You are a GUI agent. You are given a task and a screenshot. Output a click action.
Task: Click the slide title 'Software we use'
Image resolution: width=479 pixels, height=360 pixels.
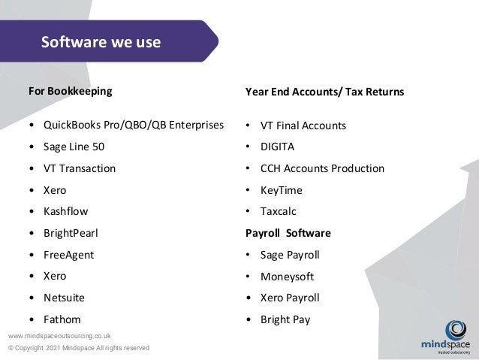point(101,41)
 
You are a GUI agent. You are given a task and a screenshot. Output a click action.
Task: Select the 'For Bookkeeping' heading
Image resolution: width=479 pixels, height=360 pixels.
point(70,92)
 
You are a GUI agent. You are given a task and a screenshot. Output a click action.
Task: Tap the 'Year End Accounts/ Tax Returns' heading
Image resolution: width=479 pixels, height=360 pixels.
point(324,92)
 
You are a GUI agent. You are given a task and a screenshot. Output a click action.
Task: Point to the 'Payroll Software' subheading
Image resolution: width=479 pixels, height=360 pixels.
point(288,233)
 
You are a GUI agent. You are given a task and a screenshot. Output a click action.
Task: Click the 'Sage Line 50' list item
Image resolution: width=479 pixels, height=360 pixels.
point(74,147)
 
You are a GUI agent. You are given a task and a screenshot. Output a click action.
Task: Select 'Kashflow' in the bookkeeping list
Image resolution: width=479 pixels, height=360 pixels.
point(66,211)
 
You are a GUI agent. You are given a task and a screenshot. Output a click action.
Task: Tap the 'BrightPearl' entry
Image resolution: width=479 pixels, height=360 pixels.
point(71,233)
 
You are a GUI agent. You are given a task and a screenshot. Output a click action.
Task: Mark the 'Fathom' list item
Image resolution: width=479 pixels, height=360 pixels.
point(62,319)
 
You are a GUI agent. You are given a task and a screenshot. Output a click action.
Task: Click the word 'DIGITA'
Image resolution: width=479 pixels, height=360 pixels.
point(278,147)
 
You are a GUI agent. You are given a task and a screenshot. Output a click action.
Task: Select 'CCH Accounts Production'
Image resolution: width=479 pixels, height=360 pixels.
point(322,168)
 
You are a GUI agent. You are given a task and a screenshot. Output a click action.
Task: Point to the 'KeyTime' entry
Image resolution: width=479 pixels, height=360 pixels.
point(282,190)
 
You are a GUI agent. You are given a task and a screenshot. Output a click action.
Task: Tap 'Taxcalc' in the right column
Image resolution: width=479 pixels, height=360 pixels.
point(279,211)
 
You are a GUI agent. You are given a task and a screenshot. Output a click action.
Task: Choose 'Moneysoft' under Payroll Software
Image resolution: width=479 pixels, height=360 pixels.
point(287,277)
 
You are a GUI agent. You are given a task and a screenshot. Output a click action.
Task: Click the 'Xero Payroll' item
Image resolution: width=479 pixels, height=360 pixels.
point(290,298)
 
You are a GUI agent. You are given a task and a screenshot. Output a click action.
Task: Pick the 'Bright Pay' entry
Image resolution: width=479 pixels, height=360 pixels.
point(285,319)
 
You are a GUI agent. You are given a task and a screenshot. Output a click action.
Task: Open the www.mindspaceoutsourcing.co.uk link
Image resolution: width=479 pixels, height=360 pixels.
point(59,335)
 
